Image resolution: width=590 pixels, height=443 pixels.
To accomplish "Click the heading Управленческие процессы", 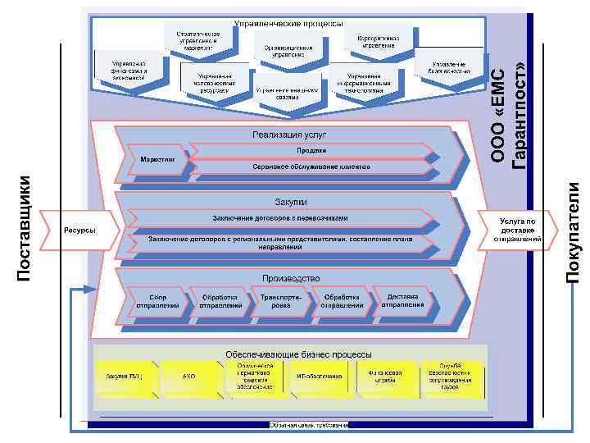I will (288, 24).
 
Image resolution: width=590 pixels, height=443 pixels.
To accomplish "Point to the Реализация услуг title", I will (289, 134).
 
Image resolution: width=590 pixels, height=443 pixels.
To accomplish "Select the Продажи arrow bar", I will (311, 151).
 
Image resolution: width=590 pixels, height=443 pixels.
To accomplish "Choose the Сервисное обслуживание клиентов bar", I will (311, 167).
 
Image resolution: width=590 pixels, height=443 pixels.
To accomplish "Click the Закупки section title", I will (289, 202).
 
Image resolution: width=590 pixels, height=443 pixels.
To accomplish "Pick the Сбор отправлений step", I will (158, 300).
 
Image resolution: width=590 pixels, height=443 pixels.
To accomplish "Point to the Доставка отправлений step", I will (402, 300).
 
